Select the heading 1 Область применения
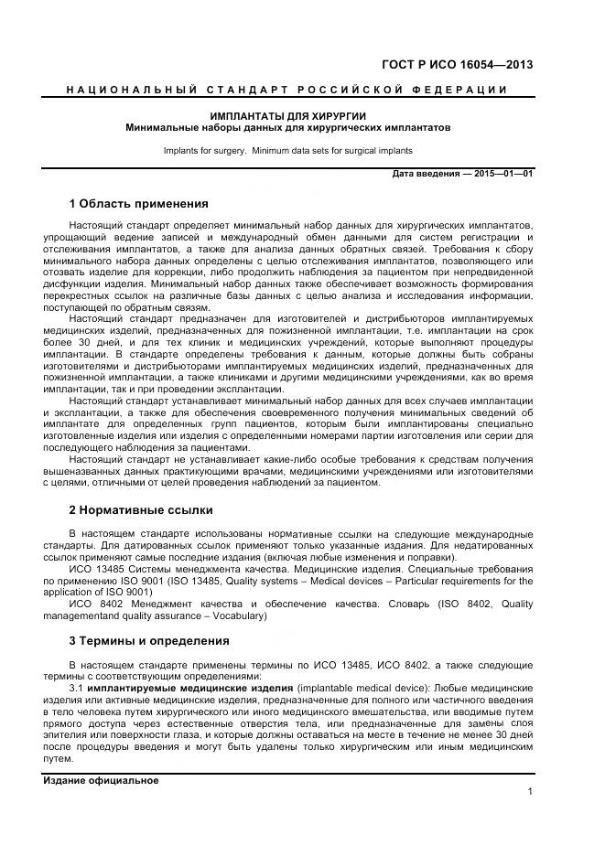(138, 203)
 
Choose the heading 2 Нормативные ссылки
(140, 509)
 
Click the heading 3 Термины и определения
(149, 640)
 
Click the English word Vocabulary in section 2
(236, 616)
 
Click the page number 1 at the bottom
(530, 792)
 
